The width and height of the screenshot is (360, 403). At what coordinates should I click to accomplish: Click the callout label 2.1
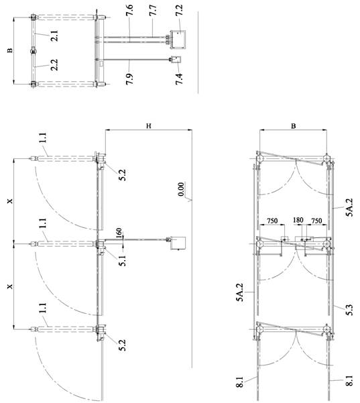coord(54,36)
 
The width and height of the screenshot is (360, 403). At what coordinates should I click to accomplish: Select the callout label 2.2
coord(54,65)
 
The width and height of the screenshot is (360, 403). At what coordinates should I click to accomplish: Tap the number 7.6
coord(130,10)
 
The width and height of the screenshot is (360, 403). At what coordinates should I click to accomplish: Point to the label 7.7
coord(153,10)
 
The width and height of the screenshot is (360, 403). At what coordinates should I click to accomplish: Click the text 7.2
coord(179,10)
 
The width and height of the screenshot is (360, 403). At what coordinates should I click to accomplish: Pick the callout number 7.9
coord(130,79)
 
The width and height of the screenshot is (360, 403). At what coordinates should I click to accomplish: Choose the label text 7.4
coord(179,79)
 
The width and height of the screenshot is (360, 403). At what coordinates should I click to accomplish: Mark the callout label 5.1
coord(123,260)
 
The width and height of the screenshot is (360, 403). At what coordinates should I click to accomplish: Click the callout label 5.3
coord(350,310)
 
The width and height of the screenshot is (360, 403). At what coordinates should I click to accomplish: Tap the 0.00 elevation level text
coord(181,189)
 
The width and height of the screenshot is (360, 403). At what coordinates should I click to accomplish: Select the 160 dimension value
coord(119,233)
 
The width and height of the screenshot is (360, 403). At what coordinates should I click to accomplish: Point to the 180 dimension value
coord(298,220)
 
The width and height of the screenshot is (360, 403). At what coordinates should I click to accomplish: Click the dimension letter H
coord(149,125)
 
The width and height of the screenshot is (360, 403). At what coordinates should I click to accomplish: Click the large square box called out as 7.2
coord(178,40)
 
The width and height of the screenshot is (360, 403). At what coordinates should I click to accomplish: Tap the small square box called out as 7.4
coord(176,60)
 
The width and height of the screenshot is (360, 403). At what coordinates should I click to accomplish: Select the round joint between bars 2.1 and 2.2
coord(34,51)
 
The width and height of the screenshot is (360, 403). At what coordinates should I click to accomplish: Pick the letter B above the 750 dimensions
coord(293,126)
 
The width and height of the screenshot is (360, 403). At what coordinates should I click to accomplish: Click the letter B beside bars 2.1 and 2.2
coord(10,50)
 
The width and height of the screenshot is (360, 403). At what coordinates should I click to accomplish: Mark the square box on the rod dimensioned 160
coord(178,243)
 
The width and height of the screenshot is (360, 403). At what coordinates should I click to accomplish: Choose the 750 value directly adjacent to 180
coord(316,221)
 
